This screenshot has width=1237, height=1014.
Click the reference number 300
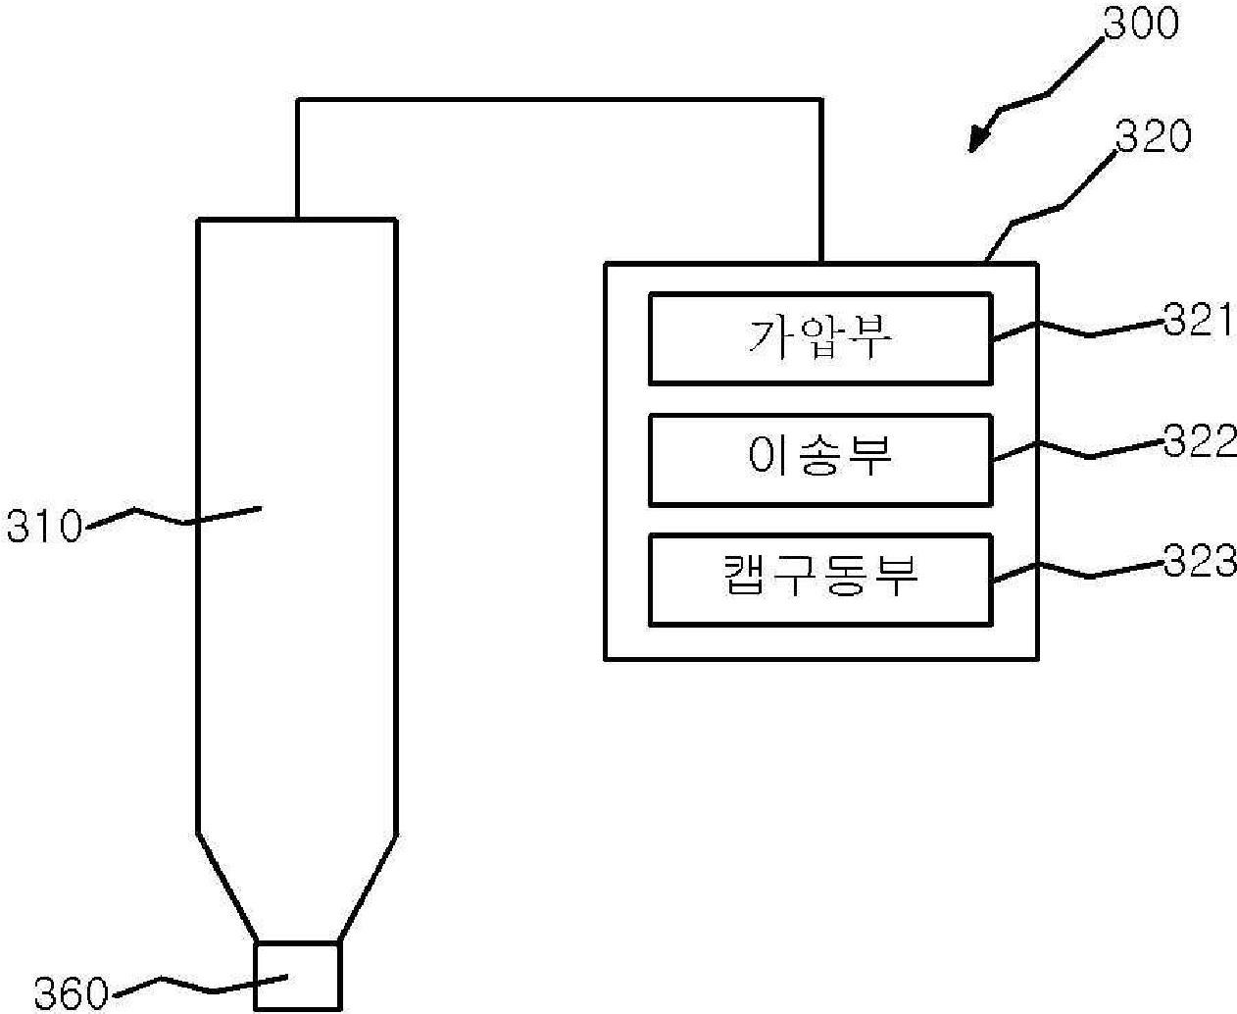point(1140,23)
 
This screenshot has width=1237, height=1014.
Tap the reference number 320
point(1154,137)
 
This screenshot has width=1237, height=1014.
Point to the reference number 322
point(1200,442)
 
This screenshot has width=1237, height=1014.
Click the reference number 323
point(1200,562)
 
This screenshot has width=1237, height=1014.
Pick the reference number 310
point(44,528)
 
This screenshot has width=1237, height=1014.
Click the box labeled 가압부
point(819,338)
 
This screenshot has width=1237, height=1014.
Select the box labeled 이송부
point(819,460)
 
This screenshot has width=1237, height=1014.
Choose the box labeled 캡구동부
point(819,580)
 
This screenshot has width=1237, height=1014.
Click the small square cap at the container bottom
point(297,977)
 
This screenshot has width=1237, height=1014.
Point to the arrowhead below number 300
point(979,138)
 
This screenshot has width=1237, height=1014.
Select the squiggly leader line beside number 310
point(172,515)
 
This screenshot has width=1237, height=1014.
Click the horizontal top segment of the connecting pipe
point(559,99)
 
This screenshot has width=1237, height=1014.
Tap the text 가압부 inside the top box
point(819,338)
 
